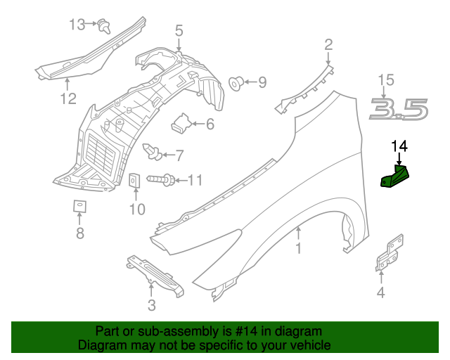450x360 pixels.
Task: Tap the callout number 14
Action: click(399, 146)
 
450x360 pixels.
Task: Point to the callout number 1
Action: click(298, 248)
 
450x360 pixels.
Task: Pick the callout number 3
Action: click(151, 304)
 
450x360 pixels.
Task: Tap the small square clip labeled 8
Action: click(79, 207)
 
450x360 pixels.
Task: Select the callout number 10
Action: click(136, 209)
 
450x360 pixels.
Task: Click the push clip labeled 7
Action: click(150, 150)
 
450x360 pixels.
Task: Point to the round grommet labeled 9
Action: click(238, 84)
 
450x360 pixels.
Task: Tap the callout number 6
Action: click(210, 124)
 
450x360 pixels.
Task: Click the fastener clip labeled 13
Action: click(105, 27)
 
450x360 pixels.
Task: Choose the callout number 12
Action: click(67, 98)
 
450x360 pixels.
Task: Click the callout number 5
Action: click(179, 30)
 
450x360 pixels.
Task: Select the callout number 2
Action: click(328, 46)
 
